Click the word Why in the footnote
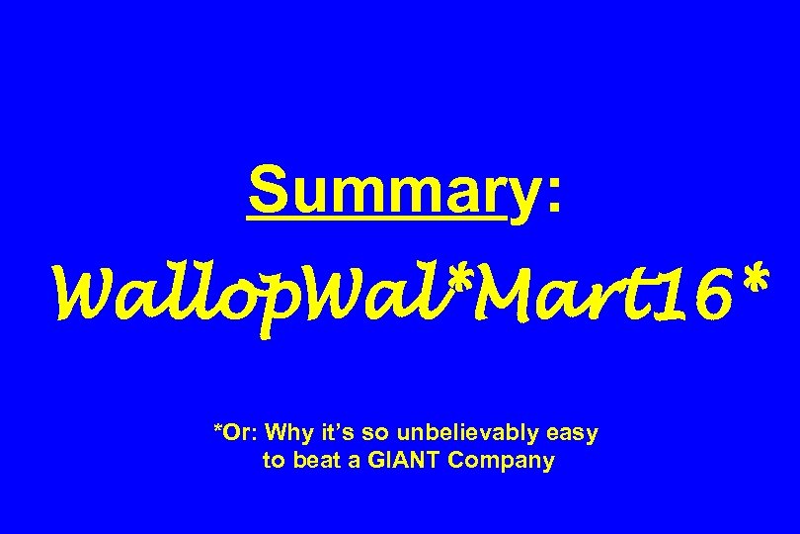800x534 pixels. pyautogui.click(x=287, y=433)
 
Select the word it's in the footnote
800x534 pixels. pyautogui.click(x=334, y=433)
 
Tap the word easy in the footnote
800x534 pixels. pyautogui.click(x=574, y=435)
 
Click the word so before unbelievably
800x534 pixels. pyautogui.click(x=371, y=433)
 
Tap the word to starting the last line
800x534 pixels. pyautogui.click(x=273, y=461)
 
